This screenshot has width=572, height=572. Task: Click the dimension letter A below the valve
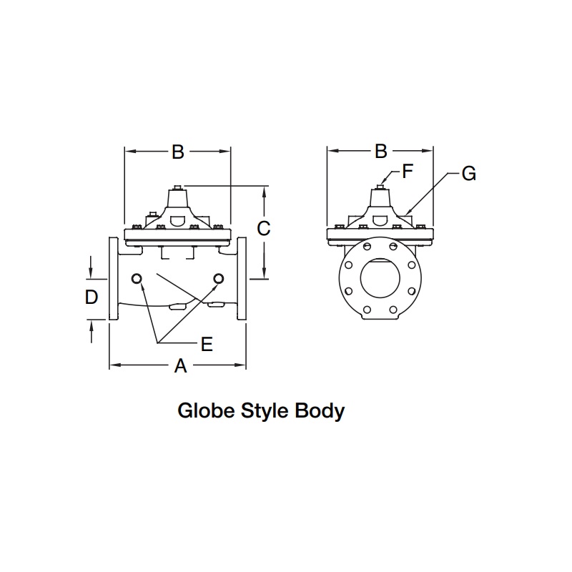coord(181,367)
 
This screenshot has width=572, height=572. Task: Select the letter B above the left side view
coord(178,152)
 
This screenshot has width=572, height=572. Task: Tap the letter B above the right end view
coord(381,152)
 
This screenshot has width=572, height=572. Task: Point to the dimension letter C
coord(264,229)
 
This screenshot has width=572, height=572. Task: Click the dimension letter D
coord(92,297)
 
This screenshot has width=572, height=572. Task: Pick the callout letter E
coord(207,345)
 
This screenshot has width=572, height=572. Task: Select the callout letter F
coord(408,171)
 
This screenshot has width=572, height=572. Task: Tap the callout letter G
coord(468,173)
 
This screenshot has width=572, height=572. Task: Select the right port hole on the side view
coord(220,278)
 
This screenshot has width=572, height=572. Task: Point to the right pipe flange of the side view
coord(242,279)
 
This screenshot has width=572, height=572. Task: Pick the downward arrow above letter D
coord(92,270)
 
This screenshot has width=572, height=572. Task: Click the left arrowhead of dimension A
coord(113,367)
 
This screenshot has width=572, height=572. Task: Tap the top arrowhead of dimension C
coord(265,191)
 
